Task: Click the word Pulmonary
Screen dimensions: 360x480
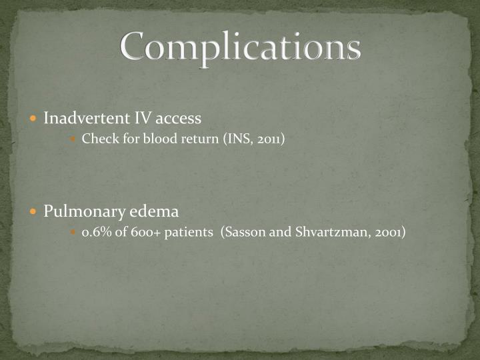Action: (x=83, y=212)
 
